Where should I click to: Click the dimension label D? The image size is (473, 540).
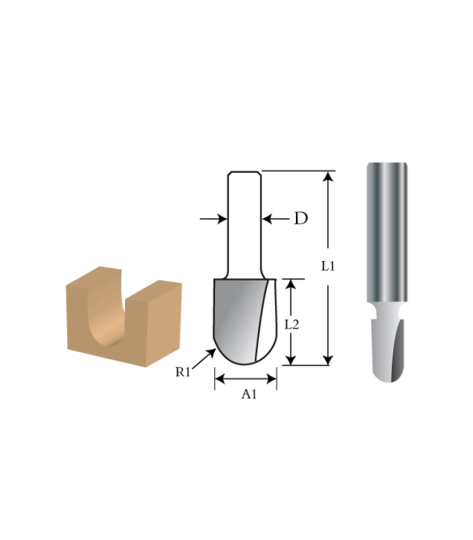[x=301, y=218]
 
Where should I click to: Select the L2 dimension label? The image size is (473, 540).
[x=291, y=323]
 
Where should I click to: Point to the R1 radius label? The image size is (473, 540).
[x=184, y=371]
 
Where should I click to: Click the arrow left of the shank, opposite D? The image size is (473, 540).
[x=213, y=218]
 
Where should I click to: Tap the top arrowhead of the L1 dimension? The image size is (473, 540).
[x=328, y=177]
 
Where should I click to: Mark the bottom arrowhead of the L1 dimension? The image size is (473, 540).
[x=328, y=359]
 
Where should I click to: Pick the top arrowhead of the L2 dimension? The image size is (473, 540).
[x=291, y=284]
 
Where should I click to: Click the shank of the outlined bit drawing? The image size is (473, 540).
[x=244, y=223]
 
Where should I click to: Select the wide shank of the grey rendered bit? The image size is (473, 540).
[x=387, y=230]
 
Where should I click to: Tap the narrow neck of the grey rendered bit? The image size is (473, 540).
[x=387, y=312]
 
